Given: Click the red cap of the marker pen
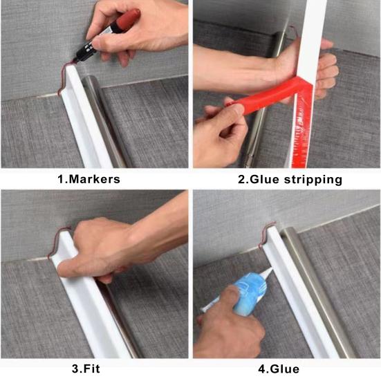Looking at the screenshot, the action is click(x=129, y=19).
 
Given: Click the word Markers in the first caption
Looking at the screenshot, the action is click(x=95, y=179).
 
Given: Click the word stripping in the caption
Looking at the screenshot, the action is click(x=313, y=180).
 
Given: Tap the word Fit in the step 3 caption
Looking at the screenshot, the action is click(x=92, y=369).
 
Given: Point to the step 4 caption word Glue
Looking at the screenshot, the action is click(x=284, y=369).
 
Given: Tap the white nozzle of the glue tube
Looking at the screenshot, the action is click(x=268, y=273).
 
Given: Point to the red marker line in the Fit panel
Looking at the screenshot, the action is click(x=57, y=241).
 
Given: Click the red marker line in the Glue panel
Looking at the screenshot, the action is click(x=266, y=233).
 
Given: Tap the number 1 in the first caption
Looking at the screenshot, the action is click(x=60, y=179).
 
